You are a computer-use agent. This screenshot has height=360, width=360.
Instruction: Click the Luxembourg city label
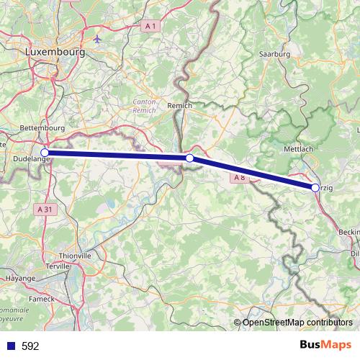click(x=55, y=53)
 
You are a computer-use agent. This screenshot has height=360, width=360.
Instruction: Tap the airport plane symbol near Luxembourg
click(x=97, y=37)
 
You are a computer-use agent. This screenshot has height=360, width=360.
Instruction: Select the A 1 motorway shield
click(x=150, y=26)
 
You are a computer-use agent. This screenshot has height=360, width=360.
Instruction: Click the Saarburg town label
click(x=274, y=53)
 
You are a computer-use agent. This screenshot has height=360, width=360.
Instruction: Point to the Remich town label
click(x=180, y=105)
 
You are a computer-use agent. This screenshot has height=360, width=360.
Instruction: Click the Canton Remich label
click(x=145, y=107)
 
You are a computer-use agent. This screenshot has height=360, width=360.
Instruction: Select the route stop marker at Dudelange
click(x=45, y=153)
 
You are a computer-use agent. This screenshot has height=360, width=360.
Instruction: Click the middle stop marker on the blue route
click(x=189, y=158)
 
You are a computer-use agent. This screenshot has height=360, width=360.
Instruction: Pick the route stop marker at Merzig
click(x=315, y=187)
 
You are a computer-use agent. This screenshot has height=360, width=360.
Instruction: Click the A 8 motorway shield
click(x=240, y=176)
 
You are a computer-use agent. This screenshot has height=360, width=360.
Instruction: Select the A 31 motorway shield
click(x=43, y=208)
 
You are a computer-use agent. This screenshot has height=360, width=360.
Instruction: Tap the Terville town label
click(x=58, y=266)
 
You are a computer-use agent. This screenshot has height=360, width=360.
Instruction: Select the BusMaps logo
click(x=326, y=345)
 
